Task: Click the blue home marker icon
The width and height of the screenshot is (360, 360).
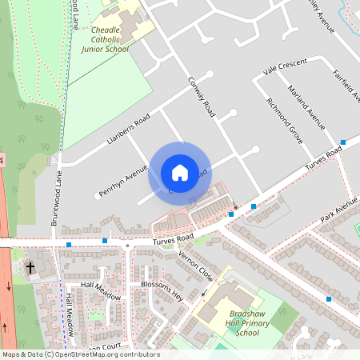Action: click(x=180, y=173)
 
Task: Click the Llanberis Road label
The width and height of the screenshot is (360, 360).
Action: click(x=127, y=133)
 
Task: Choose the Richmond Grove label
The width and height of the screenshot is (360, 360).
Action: click(x=284, y=117)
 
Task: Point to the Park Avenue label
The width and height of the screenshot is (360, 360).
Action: click(x=338, y=214)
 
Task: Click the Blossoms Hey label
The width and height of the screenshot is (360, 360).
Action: click(x=162, y=290)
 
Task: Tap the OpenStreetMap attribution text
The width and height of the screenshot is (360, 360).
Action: click(x=80, y=354)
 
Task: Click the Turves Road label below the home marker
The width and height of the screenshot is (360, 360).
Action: click(x=173, y=239)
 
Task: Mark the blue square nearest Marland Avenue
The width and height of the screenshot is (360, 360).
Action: click(x=342, y=142)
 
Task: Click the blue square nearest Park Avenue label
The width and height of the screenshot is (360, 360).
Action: click(x=328, y=298)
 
